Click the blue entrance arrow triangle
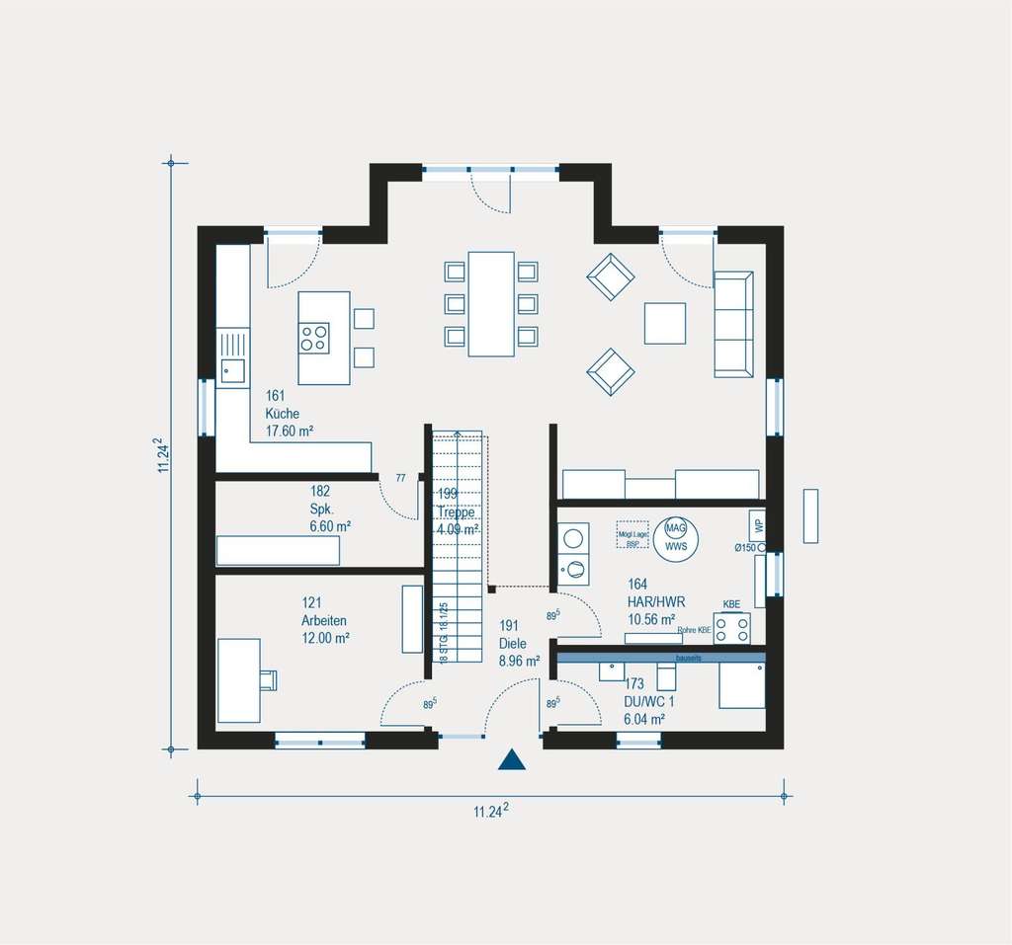tap(511, 759)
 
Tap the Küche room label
tap(282, 414)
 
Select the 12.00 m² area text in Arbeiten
tap(325, 638)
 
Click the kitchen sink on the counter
tap(233, 371)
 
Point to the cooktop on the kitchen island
tap(315, 339)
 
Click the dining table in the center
tap(491, 304)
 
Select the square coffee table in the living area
tap(665, 323)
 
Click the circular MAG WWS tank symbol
tap(676, 537)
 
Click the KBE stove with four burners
tap(731, 628)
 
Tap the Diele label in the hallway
tap(515, 644)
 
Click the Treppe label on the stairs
tap(457, 512)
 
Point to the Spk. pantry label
tap(321, 509)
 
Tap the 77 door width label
tap(400, 478)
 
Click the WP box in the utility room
tap(757, 524)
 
